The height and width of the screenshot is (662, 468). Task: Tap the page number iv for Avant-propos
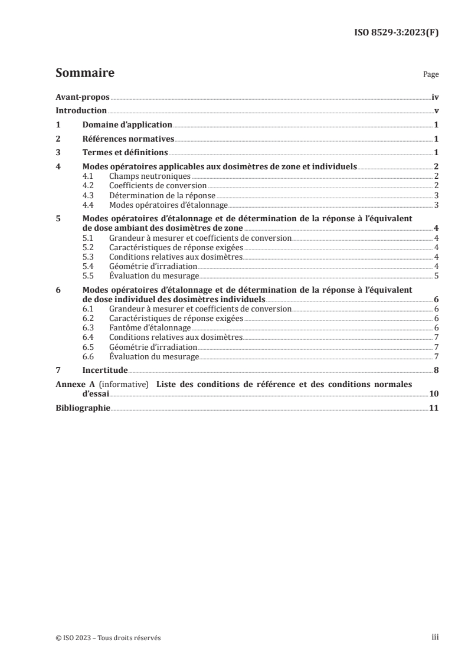[x=435, y=97]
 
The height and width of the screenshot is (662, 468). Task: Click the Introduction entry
[x=81, y=111]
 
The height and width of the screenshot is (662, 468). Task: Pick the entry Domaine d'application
[x=127, y=125]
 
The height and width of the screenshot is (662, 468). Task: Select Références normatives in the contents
[x=128, y=139]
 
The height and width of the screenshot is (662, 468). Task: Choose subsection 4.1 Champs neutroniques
[x=150, y=176]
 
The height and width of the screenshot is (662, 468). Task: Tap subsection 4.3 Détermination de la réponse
[x=162, y=195]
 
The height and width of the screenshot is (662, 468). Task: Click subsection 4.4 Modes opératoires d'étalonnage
[x=169, y=205]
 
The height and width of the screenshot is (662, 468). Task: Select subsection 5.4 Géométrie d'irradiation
[x=153, y=266]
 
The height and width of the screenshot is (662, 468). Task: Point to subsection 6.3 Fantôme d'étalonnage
[x=150, y=327]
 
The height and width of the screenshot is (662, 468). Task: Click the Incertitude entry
[x=105, y=371]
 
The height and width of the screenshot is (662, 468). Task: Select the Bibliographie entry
[x=83, y=408]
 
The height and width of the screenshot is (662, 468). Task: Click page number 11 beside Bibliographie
[x=434, y=408]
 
